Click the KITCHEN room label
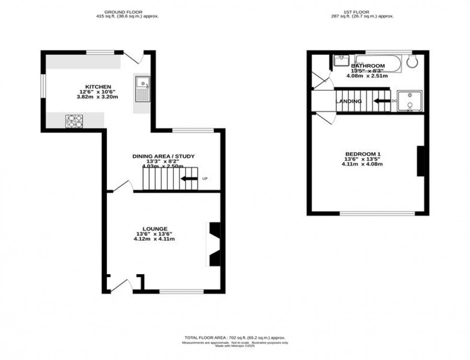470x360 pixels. tap(98, 87)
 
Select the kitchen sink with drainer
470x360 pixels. tap(142, 89)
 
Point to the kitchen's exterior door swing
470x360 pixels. tap(133, 58)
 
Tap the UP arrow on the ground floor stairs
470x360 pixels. tap(189, 179)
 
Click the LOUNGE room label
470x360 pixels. tap(154, 229)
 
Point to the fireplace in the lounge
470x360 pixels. tap(214, 244)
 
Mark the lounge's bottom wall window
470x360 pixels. tap(182, 291)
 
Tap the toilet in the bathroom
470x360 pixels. tap(411, 61)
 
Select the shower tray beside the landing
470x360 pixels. tap(410, 100)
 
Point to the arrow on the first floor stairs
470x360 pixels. tap(382, 101)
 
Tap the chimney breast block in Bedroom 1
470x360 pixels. tap(421, 162)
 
